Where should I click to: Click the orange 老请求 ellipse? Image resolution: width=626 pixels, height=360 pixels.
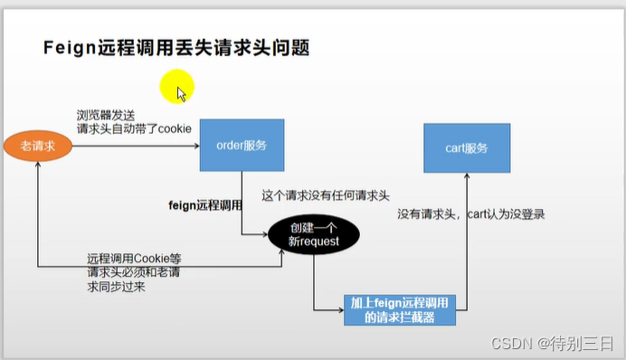coord(37,146)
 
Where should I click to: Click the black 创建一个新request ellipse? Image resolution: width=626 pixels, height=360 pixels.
coord(313,234)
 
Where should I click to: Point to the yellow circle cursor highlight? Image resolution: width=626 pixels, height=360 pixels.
coord(176,89)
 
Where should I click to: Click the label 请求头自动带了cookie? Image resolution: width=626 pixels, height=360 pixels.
coord(134,128)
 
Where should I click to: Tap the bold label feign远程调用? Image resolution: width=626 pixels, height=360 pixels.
coord(205,205)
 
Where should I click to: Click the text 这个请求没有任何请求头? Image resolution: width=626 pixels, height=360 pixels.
coord(325,194)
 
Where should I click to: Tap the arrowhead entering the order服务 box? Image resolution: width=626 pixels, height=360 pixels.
coord(196,145)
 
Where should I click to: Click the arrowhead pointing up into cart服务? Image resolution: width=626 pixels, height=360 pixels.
coord(468,180)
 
